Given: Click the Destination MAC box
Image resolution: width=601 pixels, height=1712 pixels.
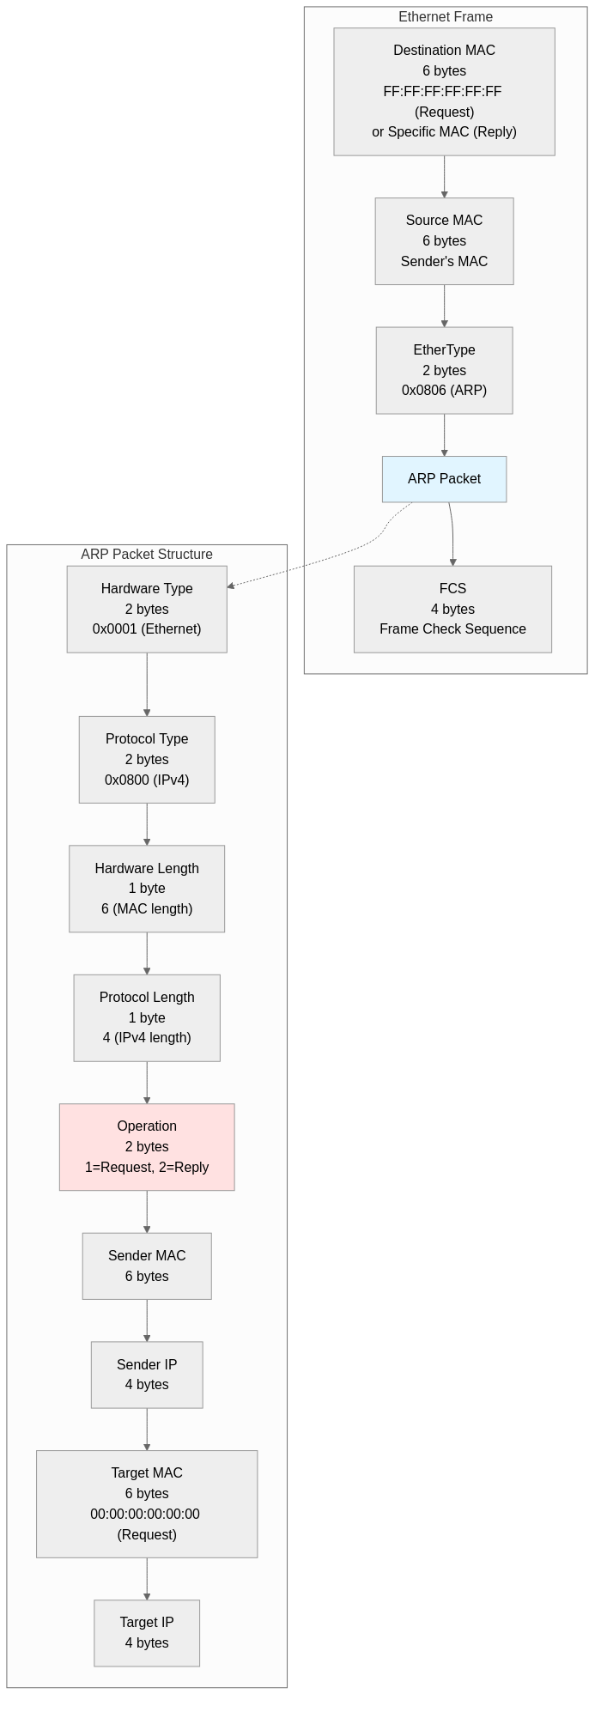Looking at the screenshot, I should pos(444,91).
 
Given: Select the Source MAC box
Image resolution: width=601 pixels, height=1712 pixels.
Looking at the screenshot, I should pos(444,241).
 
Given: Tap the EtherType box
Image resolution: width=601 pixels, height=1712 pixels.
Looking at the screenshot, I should pos(444,370).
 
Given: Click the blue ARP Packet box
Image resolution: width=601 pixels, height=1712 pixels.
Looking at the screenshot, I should pos(444,479).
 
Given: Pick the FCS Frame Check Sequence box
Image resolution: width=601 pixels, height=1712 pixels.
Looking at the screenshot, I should pos(452,609).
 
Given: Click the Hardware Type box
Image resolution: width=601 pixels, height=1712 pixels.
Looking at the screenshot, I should pos(147,609).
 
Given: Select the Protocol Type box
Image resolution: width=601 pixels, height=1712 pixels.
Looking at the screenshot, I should pos(147,759).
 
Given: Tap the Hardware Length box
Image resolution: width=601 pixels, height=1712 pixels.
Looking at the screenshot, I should pos(147,889).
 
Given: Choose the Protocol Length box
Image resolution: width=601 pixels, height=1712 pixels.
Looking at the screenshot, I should pos(147,1017).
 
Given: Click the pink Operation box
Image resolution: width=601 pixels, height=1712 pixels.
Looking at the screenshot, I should pos(147,1146).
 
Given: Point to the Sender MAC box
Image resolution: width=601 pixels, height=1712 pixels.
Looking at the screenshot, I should pos(147,1266).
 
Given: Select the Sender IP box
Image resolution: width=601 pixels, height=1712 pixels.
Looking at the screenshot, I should pos(147,1375).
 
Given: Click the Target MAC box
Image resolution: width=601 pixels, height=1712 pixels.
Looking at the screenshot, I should pos(147,1503).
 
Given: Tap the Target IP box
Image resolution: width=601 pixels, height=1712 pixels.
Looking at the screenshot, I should pos(147,1633).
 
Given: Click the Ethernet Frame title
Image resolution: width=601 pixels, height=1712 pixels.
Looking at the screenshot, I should pos(446,17).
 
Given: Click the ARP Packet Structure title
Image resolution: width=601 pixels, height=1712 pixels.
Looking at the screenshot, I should pos(147,555).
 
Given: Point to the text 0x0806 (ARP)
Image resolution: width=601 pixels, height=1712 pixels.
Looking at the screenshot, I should pos(444,391).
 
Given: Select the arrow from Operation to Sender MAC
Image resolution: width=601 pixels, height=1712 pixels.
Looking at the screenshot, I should pos(147,1211).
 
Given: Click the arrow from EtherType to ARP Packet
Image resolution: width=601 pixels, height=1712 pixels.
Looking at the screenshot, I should pos(444,434).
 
